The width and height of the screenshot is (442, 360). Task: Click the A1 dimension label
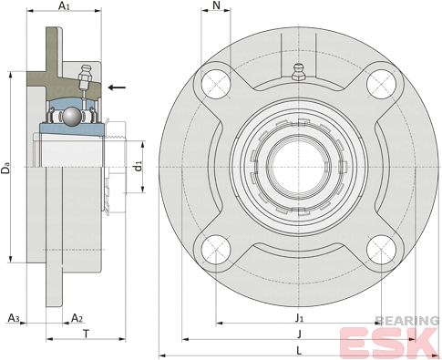[64, 5]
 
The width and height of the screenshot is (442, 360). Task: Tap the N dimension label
[216, 5]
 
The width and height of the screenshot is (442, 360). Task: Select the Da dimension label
[5, 169]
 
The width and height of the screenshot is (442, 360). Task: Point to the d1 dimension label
[139, 167]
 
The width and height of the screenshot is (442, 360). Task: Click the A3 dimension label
[14, 318]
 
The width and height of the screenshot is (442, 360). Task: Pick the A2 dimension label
[77, 318]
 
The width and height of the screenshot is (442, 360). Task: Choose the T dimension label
[87, 334]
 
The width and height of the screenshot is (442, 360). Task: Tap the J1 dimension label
[299, 318]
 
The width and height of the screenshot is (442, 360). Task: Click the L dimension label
[299, 351]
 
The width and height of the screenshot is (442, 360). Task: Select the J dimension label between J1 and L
[299, 334]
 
